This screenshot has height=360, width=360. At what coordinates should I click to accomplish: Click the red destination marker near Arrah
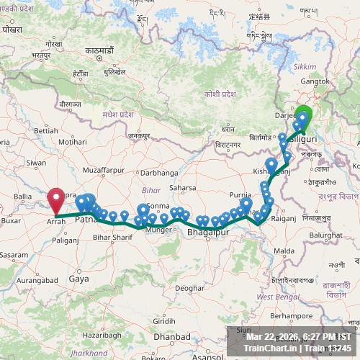coord(55,199)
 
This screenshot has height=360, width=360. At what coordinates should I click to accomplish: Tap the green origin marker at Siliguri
coord(303,116)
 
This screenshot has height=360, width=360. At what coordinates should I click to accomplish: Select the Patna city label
coord(85,219)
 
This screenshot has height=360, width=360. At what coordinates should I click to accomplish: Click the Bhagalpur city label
coord(207,233)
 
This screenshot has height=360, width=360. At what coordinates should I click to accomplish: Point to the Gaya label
coord(78,278)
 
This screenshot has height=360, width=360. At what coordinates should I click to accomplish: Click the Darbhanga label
coord(158,173)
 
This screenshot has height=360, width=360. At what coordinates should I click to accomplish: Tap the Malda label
coord(284,251)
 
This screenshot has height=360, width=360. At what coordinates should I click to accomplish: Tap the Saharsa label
coord(183,188)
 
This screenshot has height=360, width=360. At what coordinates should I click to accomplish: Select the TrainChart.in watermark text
coord(268,348)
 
